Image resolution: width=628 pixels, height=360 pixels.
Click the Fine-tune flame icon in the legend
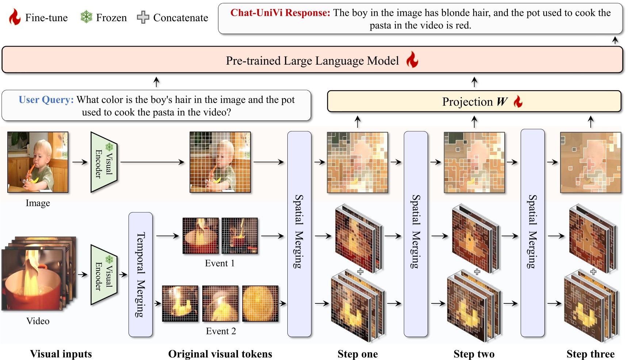(x=15, y=17)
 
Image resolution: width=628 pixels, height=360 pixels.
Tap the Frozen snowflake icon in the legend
(x=86, y=17)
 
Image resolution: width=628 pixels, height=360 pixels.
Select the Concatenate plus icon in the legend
(x=143, y=17)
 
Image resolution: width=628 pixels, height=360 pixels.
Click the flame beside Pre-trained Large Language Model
(x=412, y=60)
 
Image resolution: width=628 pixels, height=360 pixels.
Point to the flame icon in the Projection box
(x=518, y=101)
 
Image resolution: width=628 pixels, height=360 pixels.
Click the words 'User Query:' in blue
(x=46, y=100)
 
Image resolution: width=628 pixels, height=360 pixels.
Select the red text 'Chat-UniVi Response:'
(x=280, y=13)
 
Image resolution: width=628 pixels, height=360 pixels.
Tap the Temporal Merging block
(x=141, y=274)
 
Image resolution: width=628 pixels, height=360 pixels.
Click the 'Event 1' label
(x=220, y=263)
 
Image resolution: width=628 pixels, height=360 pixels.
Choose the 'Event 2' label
(x=221, y=331)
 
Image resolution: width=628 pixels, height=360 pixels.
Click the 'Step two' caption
(x=474, y=354)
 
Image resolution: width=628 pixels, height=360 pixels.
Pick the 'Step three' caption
(x=590, y=354)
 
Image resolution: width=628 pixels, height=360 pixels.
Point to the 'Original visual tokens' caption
(x=220, y=354)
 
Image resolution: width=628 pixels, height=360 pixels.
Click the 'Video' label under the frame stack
(x=38, y=321)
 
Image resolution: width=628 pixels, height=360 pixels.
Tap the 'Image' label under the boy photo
(x=38, y=203)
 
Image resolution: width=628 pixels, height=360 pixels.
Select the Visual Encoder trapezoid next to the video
(x=104, y=275)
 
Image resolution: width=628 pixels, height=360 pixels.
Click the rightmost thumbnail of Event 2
(x=260, y=303)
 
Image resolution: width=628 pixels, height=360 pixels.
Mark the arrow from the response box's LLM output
(x=615, y=40)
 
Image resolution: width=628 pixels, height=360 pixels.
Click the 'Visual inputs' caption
(x=61, y=354)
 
